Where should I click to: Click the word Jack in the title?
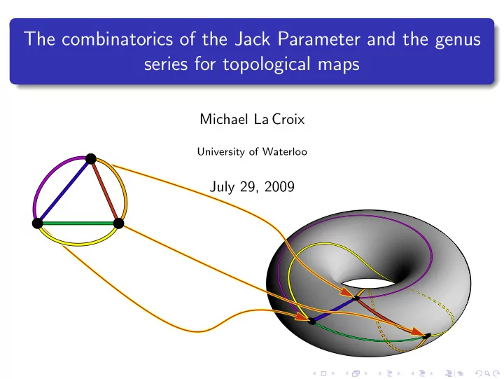(252, 39)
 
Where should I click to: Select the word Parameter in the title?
(319, 39)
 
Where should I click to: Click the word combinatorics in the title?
(118, 39)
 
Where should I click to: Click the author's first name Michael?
(224, 119)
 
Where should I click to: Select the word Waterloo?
(284, 151)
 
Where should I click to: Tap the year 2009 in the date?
(279, 186)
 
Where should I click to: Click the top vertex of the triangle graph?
(91, 158)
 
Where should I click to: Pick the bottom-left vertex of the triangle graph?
(38, 223)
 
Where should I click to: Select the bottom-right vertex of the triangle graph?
(118, 223)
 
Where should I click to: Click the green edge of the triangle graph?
(78, 223)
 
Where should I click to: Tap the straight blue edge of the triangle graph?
(64, 191)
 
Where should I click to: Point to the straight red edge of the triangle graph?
(105, 191)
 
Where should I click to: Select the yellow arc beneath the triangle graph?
(78, 244)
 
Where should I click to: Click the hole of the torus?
(368, 284)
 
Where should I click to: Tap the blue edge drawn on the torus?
(334, 310)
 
